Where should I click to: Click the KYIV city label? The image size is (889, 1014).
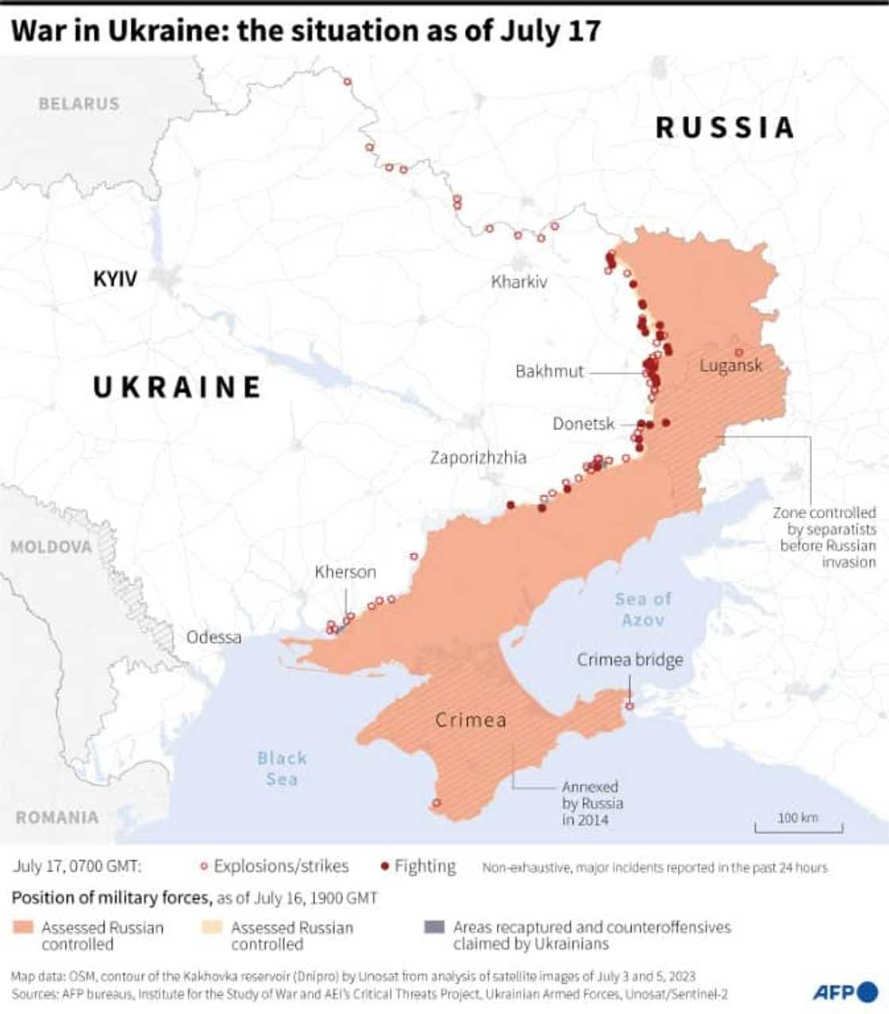pyautogui.click(x=115, y=278)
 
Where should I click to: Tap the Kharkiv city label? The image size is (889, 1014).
pyautogui.click(x=518, y=282)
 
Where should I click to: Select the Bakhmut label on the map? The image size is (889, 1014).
pyautogui.click(x=549, y=371)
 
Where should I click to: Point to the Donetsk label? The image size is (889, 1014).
pyautogui.click(x=583, y=424)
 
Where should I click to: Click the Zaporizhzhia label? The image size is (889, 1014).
pyautogui.click(x=478, y=458)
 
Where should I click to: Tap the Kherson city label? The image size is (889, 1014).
pyautogui.click(x=345, y=572)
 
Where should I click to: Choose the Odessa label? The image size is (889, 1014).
pyautogui.click(x=214, y=637)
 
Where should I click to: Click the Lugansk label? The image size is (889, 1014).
pyautogui.click(x=730, y=366)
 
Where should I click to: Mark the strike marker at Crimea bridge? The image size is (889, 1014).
pyautogui.click(x=629, y=706)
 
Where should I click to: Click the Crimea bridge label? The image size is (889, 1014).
pyautogui.click(x=629, y=660)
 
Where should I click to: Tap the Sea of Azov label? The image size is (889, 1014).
pyautogui.click(x=643, y=609)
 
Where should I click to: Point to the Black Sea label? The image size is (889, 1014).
pyautogui.click(x=282, y=768)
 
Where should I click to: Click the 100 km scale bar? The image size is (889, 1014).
pyautogui.click(x=798, y=825)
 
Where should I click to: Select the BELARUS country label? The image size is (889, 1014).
pyautogui.click(x=79, y=104)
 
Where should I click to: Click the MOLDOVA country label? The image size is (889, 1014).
pyautogui.click(x=51, y=547)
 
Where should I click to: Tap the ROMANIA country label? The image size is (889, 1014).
pyautogui.click(x=56, y=817)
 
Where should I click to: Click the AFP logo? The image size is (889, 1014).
pyautogui.click(x=845, y=991)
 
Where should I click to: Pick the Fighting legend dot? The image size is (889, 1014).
pyautogui.click(x=385, y=866)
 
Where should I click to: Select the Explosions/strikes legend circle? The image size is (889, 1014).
pyautogui.click(x=204, y=866)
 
